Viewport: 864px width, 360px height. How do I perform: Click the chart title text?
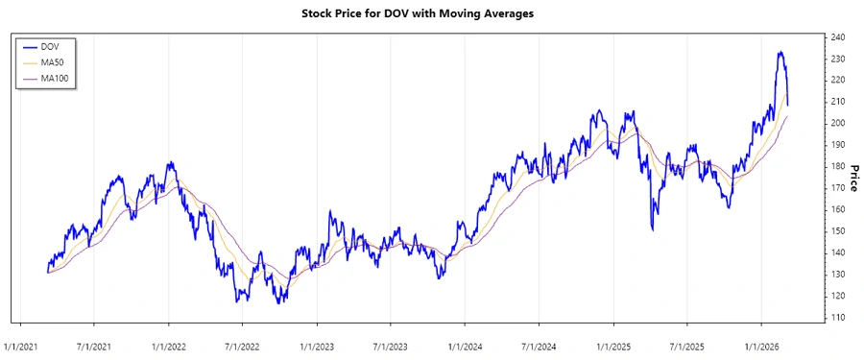(x=431, y=13)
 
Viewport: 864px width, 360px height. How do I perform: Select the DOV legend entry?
(x=52, y=46)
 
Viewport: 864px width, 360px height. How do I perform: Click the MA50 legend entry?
(x=54, y=62)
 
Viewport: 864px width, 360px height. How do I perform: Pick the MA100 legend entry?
(x=56, y=78)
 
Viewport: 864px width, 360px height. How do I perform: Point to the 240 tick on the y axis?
(x=839, y=37)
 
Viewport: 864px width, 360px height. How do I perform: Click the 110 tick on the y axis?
(x=839, y=318)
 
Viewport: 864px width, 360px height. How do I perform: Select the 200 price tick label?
(x=839, y=124)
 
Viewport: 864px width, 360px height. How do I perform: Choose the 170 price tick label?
(x=839, y=188)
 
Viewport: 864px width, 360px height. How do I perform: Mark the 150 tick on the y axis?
(x=839, y=231)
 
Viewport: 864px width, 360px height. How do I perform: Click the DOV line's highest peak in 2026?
(x=780, y=52)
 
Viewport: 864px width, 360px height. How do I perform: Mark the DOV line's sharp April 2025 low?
(x=653, y=230)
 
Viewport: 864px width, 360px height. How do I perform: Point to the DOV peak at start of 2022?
(x=170, y=162)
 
